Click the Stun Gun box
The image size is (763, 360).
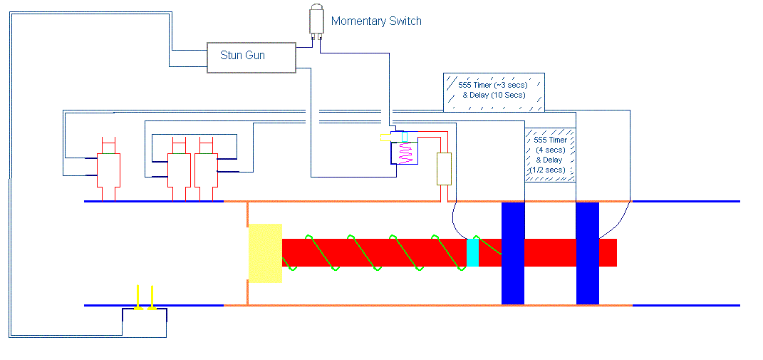tap(251, 58)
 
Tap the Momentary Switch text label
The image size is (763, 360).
tap(376, 21)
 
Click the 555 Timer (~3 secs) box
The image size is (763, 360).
tap(494, 92)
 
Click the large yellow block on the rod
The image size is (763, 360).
tap(265, 253)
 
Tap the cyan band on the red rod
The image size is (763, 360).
tap(472, 252)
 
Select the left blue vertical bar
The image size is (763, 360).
tap(513, 253)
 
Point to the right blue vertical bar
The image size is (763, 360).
tap(587, 253)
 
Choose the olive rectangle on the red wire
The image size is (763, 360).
tap(445, 168)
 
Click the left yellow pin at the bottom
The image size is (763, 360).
tap(138, 298)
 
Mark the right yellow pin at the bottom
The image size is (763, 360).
tap(152, 298)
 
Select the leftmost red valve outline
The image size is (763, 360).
tap(108, 170)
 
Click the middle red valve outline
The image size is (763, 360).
tap(179, 170)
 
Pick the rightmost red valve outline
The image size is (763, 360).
tap(206, 170)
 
